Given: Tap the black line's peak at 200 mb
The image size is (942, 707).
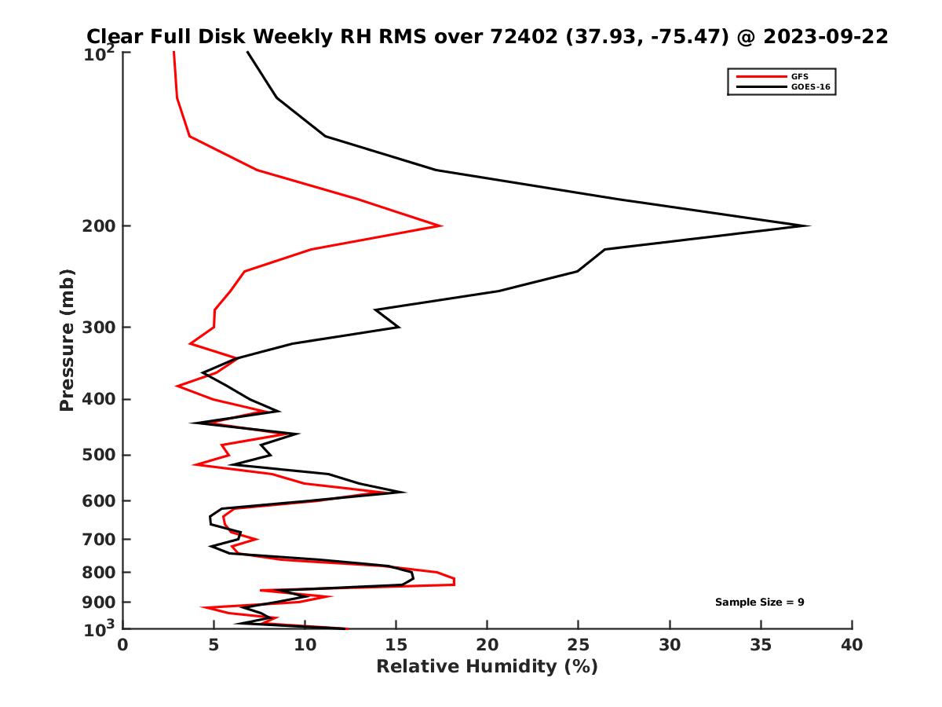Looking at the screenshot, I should click(x=808, y=226).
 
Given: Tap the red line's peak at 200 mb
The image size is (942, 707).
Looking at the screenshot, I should click(x=440, y=226).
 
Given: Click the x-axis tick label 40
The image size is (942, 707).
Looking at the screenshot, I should click(x=852, y=645).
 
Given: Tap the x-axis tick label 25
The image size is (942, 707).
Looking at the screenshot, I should click(x=579, y=645).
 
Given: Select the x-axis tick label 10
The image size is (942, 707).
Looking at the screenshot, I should click(x=305, y=645).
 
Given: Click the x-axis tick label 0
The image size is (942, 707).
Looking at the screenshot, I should click(x=123, y=645).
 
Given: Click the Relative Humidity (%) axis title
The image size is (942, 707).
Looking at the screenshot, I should click(x=487, y=667).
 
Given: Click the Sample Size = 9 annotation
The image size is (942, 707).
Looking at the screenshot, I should click(x=759, y=603).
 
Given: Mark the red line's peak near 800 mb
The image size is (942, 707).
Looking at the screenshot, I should click(x=454, y=582).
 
